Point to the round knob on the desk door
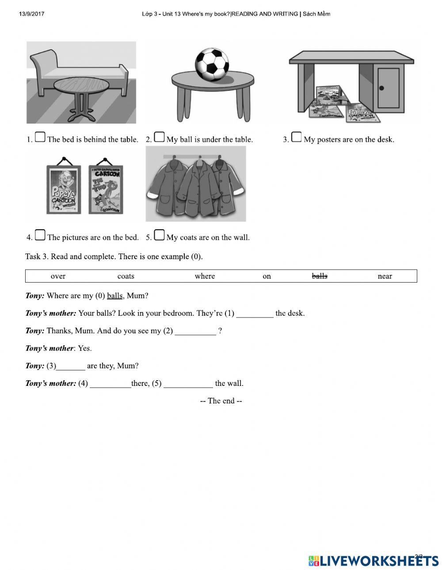(x=381, y=88)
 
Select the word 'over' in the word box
(x=58, y=276)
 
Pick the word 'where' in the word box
(x=205, y=276)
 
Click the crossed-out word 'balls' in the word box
(x=319, y=276)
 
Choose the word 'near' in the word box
(x=385, y=276)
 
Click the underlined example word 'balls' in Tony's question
(x=114, y=296)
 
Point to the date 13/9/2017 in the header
(x=31, y=14)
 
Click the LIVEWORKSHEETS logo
(x=373, y=561)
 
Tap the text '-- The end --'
(x=221, y=401)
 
